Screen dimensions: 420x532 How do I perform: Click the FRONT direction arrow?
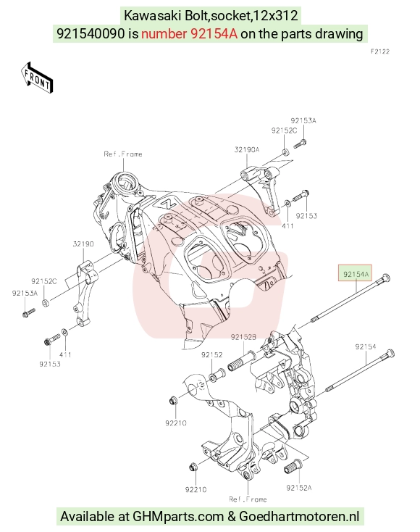pyautogui.click(x=37, y=78)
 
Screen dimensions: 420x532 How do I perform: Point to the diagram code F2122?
pyautogui.click(x=380, y=51)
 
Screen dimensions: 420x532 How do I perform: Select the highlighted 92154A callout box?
pyautogui.click(x=356, y=273)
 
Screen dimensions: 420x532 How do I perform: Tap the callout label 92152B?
pyautogui.click(x=243, y=337)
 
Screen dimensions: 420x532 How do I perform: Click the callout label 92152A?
pyautogui.click(x=299, y=488)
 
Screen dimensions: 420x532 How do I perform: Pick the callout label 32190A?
pyautogui.click(x=247, y=149)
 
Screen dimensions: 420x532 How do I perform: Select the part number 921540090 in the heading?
pyautogui.click(x=91, y=33)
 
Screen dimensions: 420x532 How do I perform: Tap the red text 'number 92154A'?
pyautogui.click(x=189, y=33)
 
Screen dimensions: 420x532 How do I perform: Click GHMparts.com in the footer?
pyautogui.click(x=178, y=516)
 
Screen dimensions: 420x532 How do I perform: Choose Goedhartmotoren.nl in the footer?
pyautogui.click(x=299, y=516)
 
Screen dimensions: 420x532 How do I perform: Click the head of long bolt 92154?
pyautogui.click(x=390, y=354)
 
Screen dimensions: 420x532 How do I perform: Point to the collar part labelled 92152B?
pyautogui.click(x=242, y=361)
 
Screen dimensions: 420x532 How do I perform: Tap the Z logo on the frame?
pyautogui.click(x=167, y=203)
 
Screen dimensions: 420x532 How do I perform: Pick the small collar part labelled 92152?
pyautogui.click(x=217, y=375)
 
